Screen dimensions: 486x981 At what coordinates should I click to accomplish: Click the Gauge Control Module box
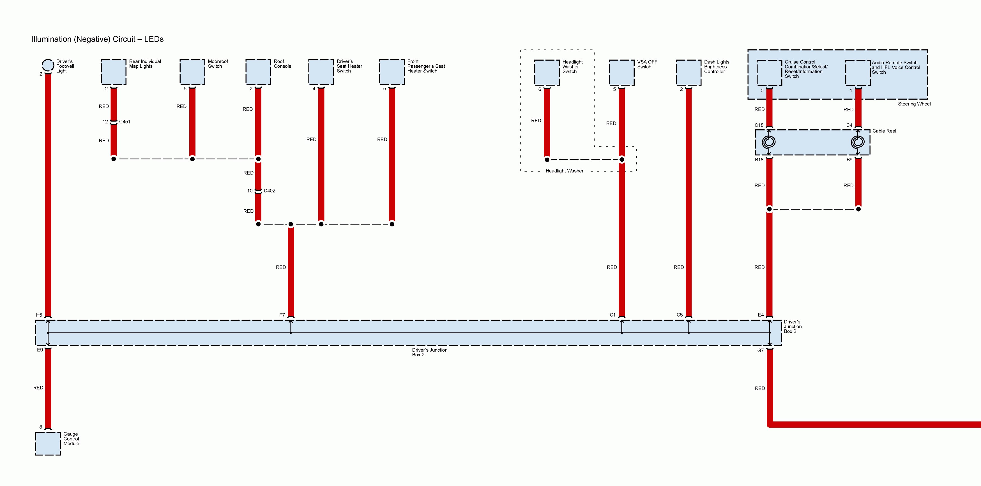[48, 443]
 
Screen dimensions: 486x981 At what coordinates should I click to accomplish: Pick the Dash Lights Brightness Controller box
[688, 72]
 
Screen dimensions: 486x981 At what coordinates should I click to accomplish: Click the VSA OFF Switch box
[621, 72]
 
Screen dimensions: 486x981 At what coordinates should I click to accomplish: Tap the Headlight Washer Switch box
[547, 72]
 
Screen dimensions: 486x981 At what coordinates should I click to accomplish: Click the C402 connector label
[270, 191]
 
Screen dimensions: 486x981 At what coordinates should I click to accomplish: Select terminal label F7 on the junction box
[282, 315]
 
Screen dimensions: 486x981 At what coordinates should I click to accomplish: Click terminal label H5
[39, 315]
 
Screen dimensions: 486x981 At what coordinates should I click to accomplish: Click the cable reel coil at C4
[858, 142]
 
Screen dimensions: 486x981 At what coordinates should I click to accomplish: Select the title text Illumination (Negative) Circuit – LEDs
[98, 39]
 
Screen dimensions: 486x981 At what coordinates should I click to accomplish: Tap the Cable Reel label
[884, 131]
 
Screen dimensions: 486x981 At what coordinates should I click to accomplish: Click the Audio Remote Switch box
[858, 73]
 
